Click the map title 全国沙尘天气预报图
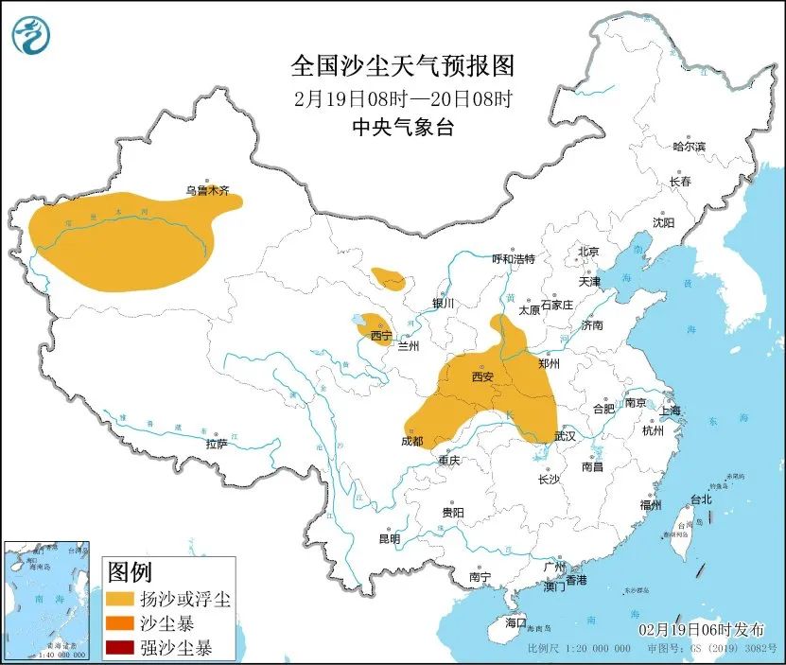(402, 65)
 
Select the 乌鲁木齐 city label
(207, 190)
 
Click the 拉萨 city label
(216, 444)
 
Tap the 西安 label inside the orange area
(482, 377)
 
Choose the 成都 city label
(412, 441)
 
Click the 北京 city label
(588, 252)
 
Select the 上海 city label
(671, 411)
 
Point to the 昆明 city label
(389, 538)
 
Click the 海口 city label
(515, 623)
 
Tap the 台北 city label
(700, 499)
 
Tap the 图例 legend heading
(130, 572)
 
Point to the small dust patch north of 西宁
(388, 278)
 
